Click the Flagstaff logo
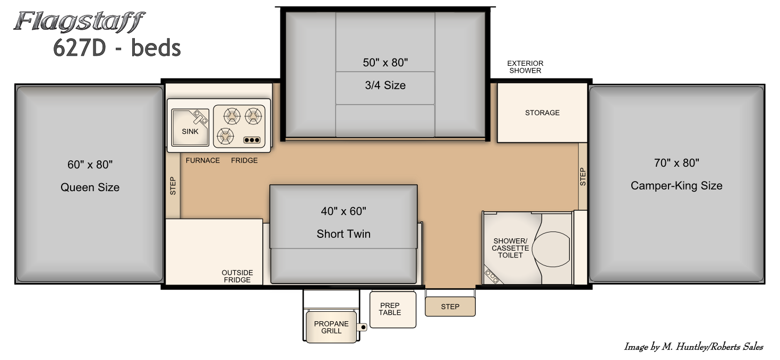pos(80,22)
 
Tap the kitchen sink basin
pos(190,127)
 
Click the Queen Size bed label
pos(90,187)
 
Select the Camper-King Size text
pos(676,185)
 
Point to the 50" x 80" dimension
pos(385,63)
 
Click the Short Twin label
pos(344,234)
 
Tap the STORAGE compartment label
pos(542,113)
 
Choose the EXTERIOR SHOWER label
pos(525,67)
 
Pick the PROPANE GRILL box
pos(331,327)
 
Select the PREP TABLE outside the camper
pos(393,310)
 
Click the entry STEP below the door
pos(450,307)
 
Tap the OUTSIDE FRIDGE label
pos(237,277)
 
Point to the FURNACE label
pos(203,160)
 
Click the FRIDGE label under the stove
pos(244,160)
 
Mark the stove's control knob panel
pos(252,140)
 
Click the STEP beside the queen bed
pos(173,186)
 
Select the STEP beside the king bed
pos(583,176)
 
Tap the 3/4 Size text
pos(385,85)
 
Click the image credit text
pos(693,347)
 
